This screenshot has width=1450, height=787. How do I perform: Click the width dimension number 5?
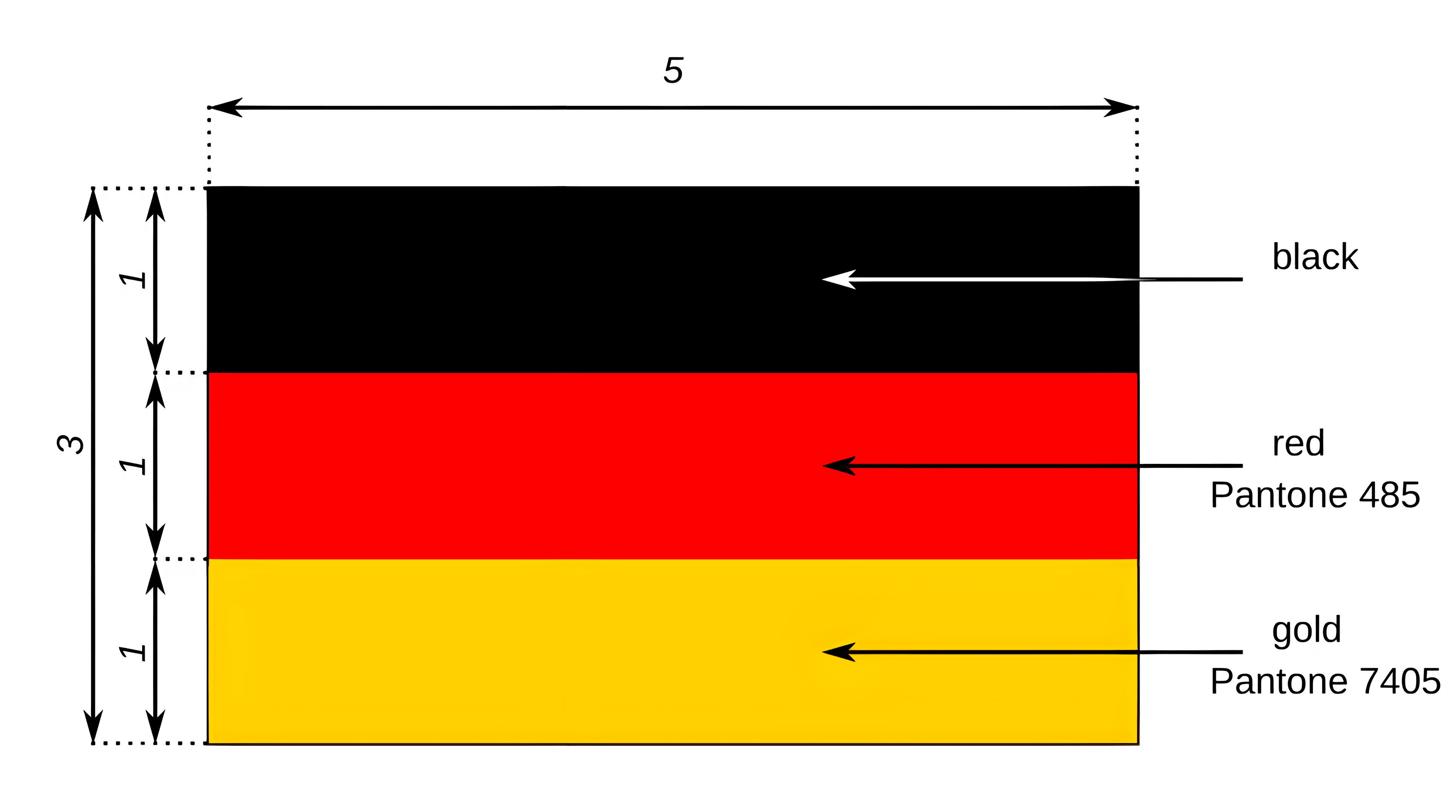(673, 71)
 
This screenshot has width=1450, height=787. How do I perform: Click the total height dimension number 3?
(71, 444)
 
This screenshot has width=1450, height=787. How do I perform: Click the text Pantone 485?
(1315, 495)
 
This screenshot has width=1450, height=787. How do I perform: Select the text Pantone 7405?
(1325, 681)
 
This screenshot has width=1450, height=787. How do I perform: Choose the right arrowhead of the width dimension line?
(1120, 108)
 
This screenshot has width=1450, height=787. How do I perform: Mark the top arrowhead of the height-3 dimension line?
(93, 205)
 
